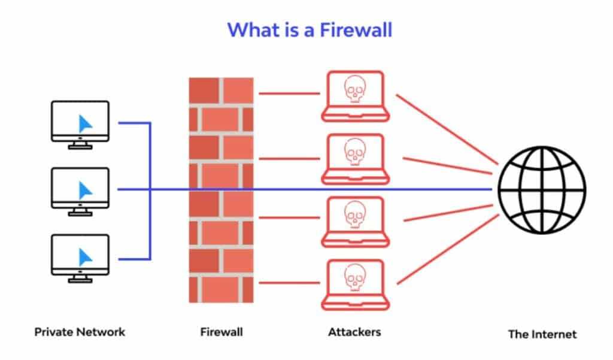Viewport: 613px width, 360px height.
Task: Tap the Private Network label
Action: coord(80,331)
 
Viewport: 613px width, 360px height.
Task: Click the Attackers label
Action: coord(354,331)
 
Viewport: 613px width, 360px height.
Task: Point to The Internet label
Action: coord(542,334)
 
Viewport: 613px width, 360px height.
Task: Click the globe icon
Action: coord(542,189)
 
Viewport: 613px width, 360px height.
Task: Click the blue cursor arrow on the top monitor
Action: coord(86,123)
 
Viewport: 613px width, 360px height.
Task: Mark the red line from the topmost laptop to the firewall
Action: coord(289,93)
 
